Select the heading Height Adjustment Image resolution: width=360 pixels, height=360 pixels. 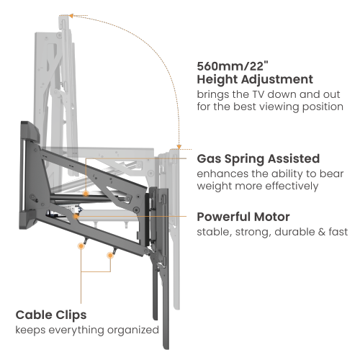click(x=255, y=80)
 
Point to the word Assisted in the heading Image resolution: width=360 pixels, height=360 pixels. click(x=294, y=158)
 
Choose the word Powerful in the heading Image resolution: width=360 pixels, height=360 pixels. click(x=220, y=217)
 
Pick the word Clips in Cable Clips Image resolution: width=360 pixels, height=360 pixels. click(x=70, y=315)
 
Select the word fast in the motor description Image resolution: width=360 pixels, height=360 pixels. click(x=336, y=233)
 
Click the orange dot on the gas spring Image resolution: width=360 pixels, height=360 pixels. click(x=86, y=193)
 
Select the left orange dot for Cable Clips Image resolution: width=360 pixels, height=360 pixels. click(x=81, y=246)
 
